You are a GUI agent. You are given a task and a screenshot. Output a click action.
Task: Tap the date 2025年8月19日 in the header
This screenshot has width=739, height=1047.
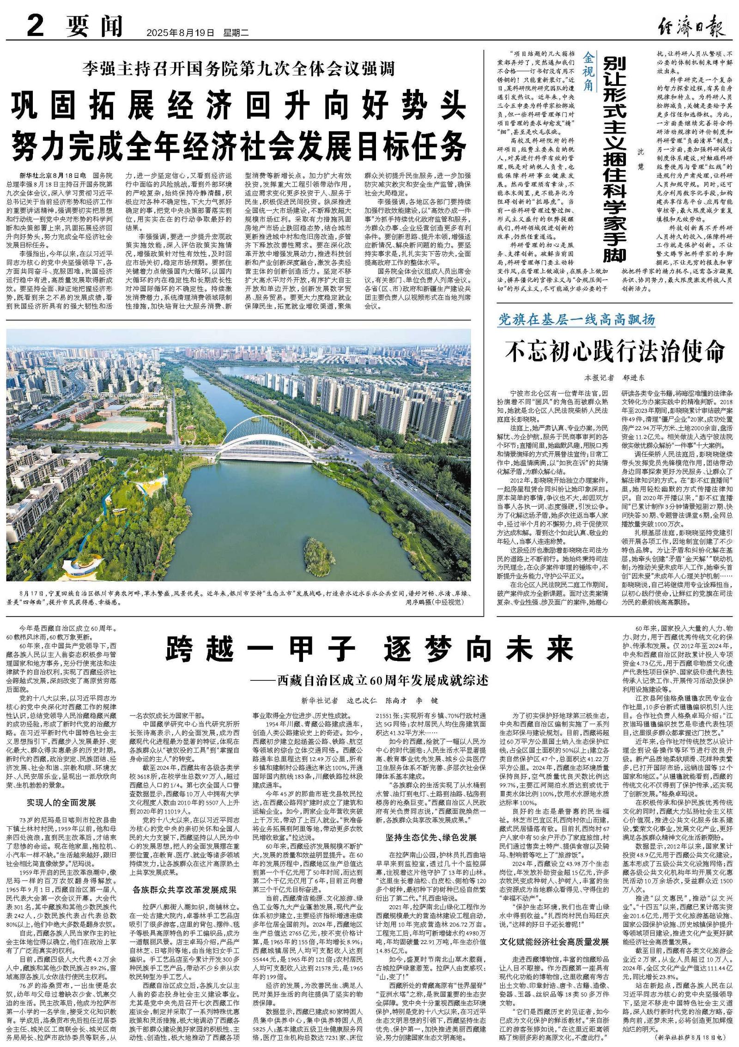[181, 33]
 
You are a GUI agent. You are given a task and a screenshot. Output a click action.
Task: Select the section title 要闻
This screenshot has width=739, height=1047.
[95, 26]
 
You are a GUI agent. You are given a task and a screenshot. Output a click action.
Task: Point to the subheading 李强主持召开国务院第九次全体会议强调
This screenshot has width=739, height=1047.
[239, 69]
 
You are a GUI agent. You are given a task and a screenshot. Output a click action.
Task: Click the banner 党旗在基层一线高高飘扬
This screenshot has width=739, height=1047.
[576, 320]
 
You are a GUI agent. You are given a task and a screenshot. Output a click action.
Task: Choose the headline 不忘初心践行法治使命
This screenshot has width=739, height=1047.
[615, 352]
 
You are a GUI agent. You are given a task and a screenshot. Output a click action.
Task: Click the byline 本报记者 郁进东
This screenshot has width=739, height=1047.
[614, 377]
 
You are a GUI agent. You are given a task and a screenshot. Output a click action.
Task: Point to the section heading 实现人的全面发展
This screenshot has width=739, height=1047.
[61, 802]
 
